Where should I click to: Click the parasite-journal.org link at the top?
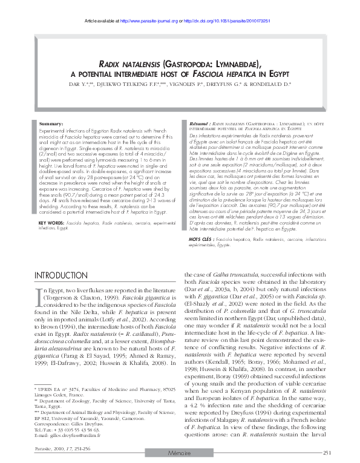tap(146, 21)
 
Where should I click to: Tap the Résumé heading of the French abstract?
tap(198, 123)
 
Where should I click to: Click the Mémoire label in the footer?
tap(179, 453)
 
